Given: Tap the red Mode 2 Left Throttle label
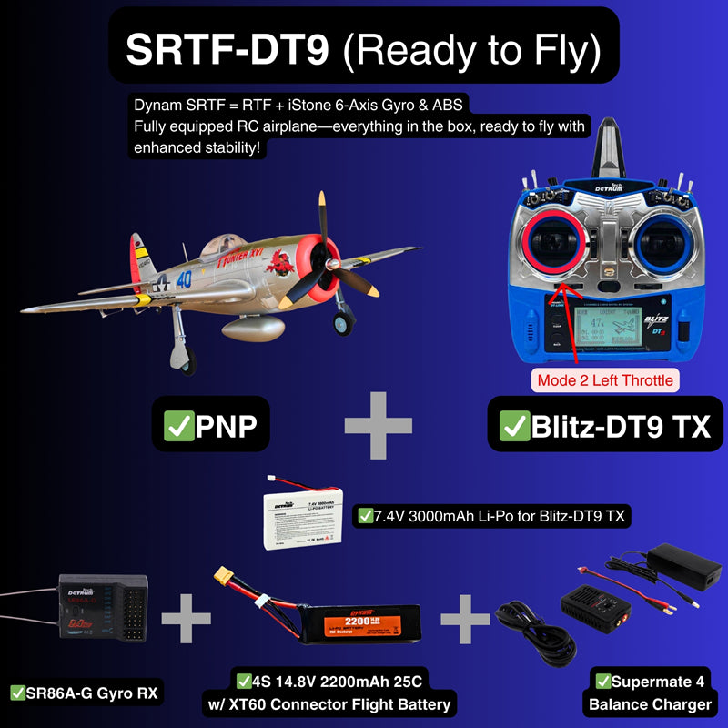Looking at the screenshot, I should click(x=606, y=379).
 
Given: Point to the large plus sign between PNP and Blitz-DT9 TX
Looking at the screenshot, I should click(x=379, y=425).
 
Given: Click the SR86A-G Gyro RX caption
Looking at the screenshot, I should click(x=84, y=693).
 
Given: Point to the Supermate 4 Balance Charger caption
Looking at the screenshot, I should click(x=650, y=693).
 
